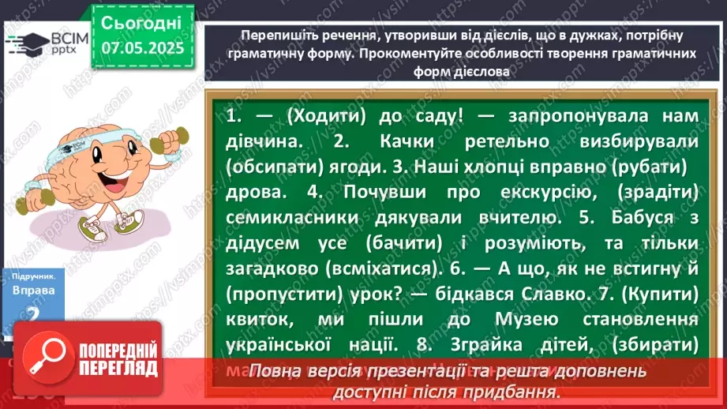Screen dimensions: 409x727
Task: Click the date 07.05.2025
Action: [x=143, y=49]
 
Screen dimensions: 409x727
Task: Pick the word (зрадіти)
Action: [x=660, y=192]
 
